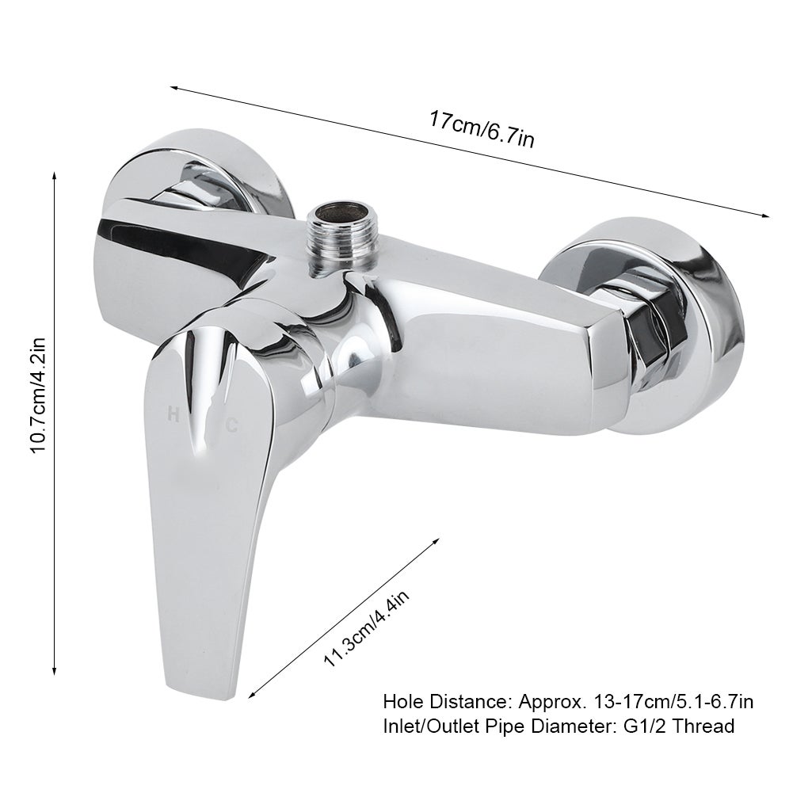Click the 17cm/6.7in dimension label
(x=482, y=129)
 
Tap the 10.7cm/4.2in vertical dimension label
(x=39, y=396)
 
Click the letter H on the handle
(x=173, y=415)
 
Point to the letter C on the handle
(x=231, y=426)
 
